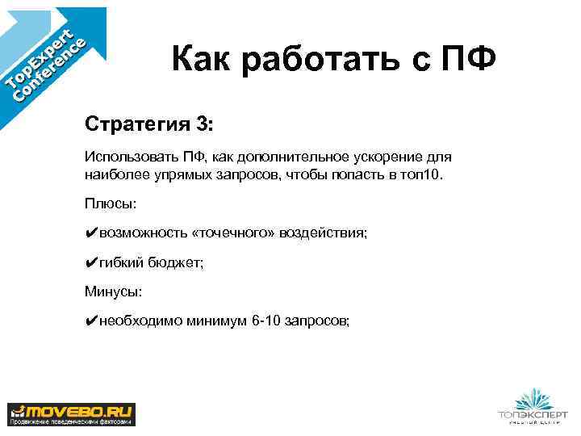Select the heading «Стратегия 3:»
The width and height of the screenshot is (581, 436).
[x=150, y=125]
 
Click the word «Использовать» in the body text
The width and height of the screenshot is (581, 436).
[x=123, y=155]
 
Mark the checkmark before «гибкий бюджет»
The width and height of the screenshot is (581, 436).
[x=91, y=262]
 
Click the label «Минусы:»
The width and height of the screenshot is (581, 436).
[x=114, y=291]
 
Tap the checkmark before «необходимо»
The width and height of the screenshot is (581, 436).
[x=91, y=321]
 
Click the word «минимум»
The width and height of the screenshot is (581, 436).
[x=211, y=321]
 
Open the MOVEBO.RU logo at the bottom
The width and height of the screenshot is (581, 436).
[x=72, y=413]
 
